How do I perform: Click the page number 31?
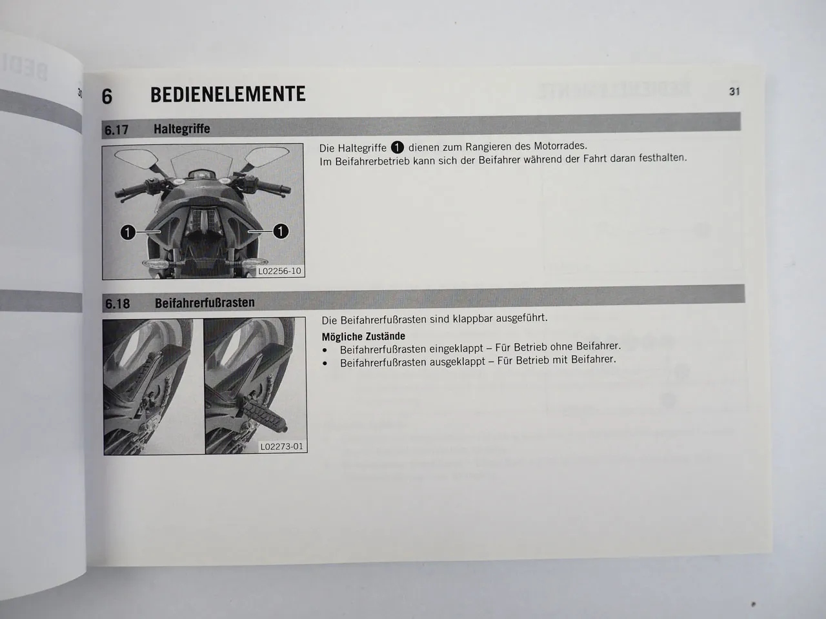[x=734, y=92]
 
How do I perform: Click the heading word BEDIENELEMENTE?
[x=228, y=94]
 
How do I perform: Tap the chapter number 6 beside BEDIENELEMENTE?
[x=107, y=96]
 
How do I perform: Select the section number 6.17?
[x=117, y=130]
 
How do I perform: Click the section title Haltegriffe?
[x=181, y=129]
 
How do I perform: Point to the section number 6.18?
[x=117, y=304]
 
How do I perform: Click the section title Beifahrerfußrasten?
[x=205, y=303]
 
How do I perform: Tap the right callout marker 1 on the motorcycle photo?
[x=281, y=231]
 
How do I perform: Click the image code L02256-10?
[x=279, y=271]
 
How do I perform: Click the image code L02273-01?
[x=282, y=446]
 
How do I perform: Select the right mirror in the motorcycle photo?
[x=266, y=156]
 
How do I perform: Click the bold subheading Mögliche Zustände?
[x=363, y=336]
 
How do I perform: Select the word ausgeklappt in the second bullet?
[x=454, y=362]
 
